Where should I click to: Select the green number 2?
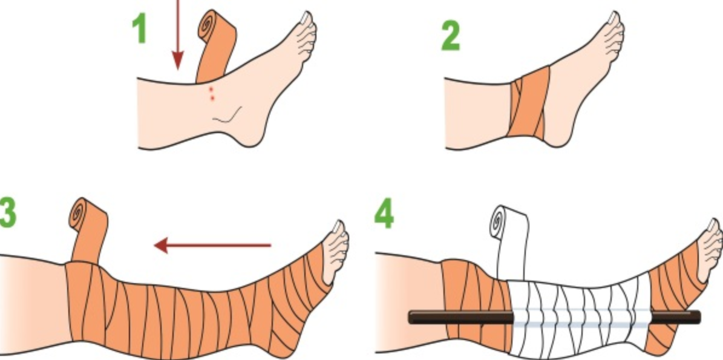tap(451, 36)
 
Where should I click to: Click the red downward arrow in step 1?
tap(178, 34)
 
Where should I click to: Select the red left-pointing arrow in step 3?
tap(212, 246)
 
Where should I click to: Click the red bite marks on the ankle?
tap(211, 93)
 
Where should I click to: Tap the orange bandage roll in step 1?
tap(216, 46)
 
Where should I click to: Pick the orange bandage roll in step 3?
tap(88, 231)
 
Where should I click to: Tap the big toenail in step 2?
tap(613, 18)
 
